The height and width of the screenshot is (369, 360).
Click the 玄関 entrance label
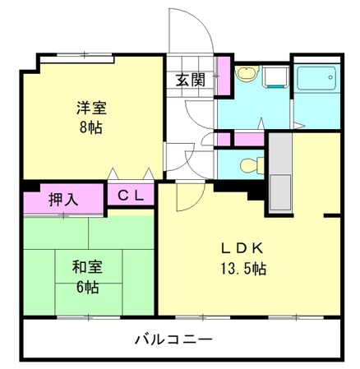click(x=190, y=80)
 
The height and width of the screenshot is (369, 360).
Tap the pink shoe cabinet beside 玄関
click(x=222, y=76)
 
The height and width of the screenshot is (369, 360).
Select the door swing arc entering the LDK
click(x=186, y=196)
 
